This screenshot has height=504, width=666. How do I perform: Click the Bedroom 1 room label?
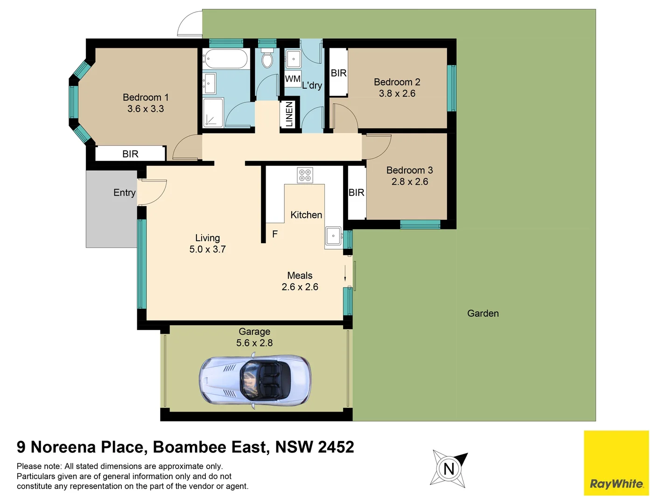point(145,97)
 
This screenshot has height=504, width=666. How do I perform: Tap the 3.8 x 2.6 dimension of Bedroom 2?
point(397,93)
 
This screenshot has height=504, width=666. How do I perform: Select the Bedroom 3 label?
point(409,170)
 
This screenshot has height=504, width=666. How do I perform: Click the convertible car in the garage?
point(255,381)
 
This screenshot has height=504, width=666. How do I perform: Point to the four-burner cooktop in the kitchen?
point(305,175)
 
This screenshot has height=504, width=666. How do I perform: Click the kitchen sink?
point(333,236)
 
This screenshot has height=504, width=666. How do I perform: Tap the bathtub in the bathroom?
point(224,59)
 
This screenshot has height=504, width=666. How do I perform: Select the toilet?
point(267,58)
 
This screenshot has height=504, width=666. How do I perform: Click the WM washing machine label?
point(293,79)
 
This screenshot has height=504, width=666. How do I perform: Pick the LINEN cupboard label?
point(289,114)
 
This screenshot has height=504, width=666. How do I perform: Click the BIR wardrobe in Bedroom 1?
point(130,154)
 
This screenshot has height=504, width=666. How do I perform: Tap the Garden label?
point(483,314)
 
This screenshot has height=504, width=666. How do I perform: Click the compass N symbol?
point(449,469)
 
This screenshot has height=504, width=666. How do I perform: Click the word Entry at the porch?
point(124,193)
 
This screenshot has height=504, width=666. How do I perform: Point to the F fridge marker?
point(275,234)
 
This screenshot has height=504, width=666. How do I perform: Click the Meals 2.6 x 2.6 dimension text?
point(300,287)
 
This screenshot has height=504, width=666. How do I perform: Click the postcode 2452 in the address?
point(336,447)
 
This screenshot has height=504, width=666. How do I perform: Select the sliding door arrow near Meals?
point(345,273)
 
